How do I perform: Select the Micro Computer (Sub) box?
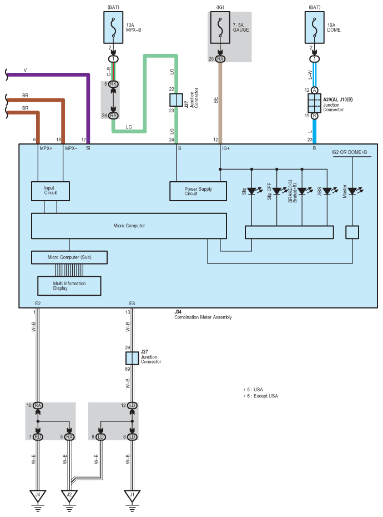point(69,258)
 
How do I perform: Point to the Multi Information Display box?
point(69,286)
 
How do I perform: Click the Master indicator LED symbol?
point(352,191)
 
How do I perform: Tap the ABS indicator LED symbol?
point(327,191)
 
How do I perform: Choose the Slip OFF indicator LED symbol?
point(276,191)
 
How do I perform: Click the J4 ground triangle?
point(38,494)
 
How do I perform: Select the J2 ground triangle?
point(69,494)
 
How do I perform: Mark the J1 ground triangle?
point(132,494)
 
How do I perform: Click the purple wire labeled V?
point(50,74)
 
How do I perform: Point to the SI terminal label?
point(88,149)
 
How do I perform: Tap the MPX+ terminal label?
point(46,149)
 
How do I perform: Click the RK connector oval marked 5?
point(113,84)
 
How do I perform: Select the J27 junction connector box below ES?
point(132,357)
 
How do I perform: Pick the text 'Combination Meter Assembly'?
point(203,317)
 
